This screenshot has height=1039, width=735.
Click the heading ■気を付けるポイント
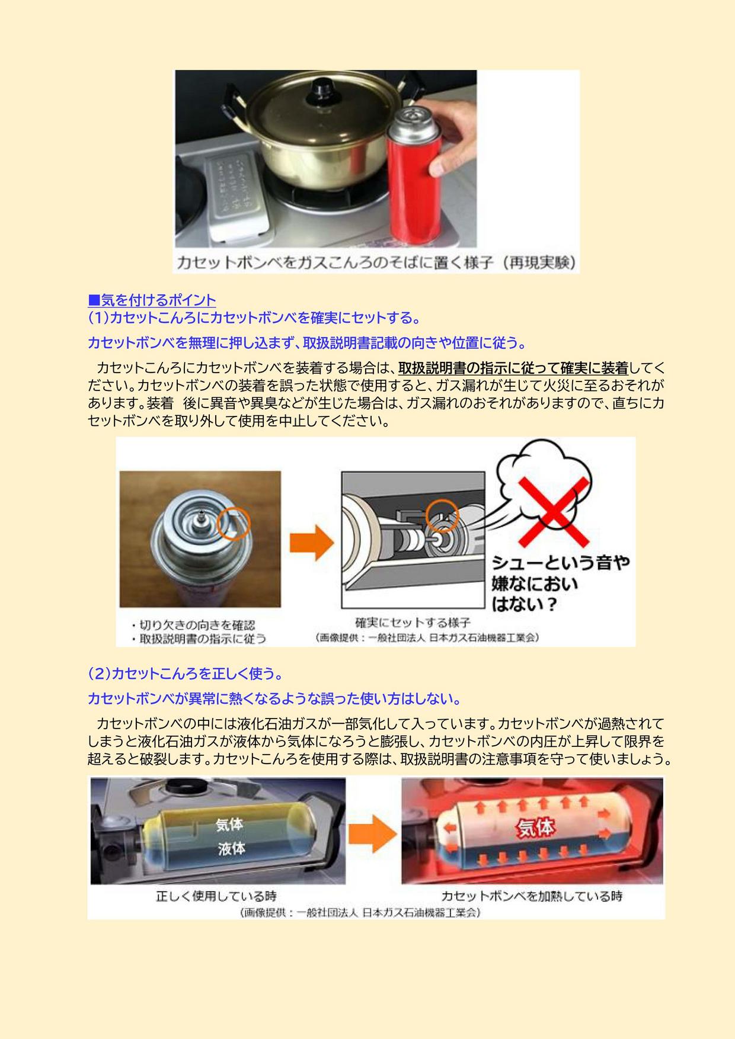tap(152, 300)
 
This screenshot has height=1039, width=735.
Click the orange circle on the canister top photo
tap(234, 524)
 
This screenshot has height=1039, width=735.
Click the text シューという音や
tap(560, 562)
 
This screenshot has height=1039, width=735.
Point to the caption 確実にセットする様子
tap(413, 623)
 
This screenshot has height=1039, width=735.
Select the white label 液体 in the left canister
tap(231, 849)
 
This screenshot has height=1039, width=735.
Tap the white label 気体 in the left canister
tap(229, 824)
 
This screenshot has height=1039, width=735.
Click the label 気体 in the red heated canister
tap(536, 828)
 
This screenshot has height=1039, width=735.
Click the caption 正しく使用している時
tap(216, 896)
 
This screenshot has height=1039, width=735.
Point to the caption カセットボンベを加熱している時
tap(532, 896)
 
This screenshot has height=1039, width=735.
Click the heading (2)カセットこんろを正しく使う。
tap(185, 674)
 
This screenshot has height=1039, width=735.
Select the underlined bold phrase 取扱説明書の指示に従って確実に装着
tap(513, 368)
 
